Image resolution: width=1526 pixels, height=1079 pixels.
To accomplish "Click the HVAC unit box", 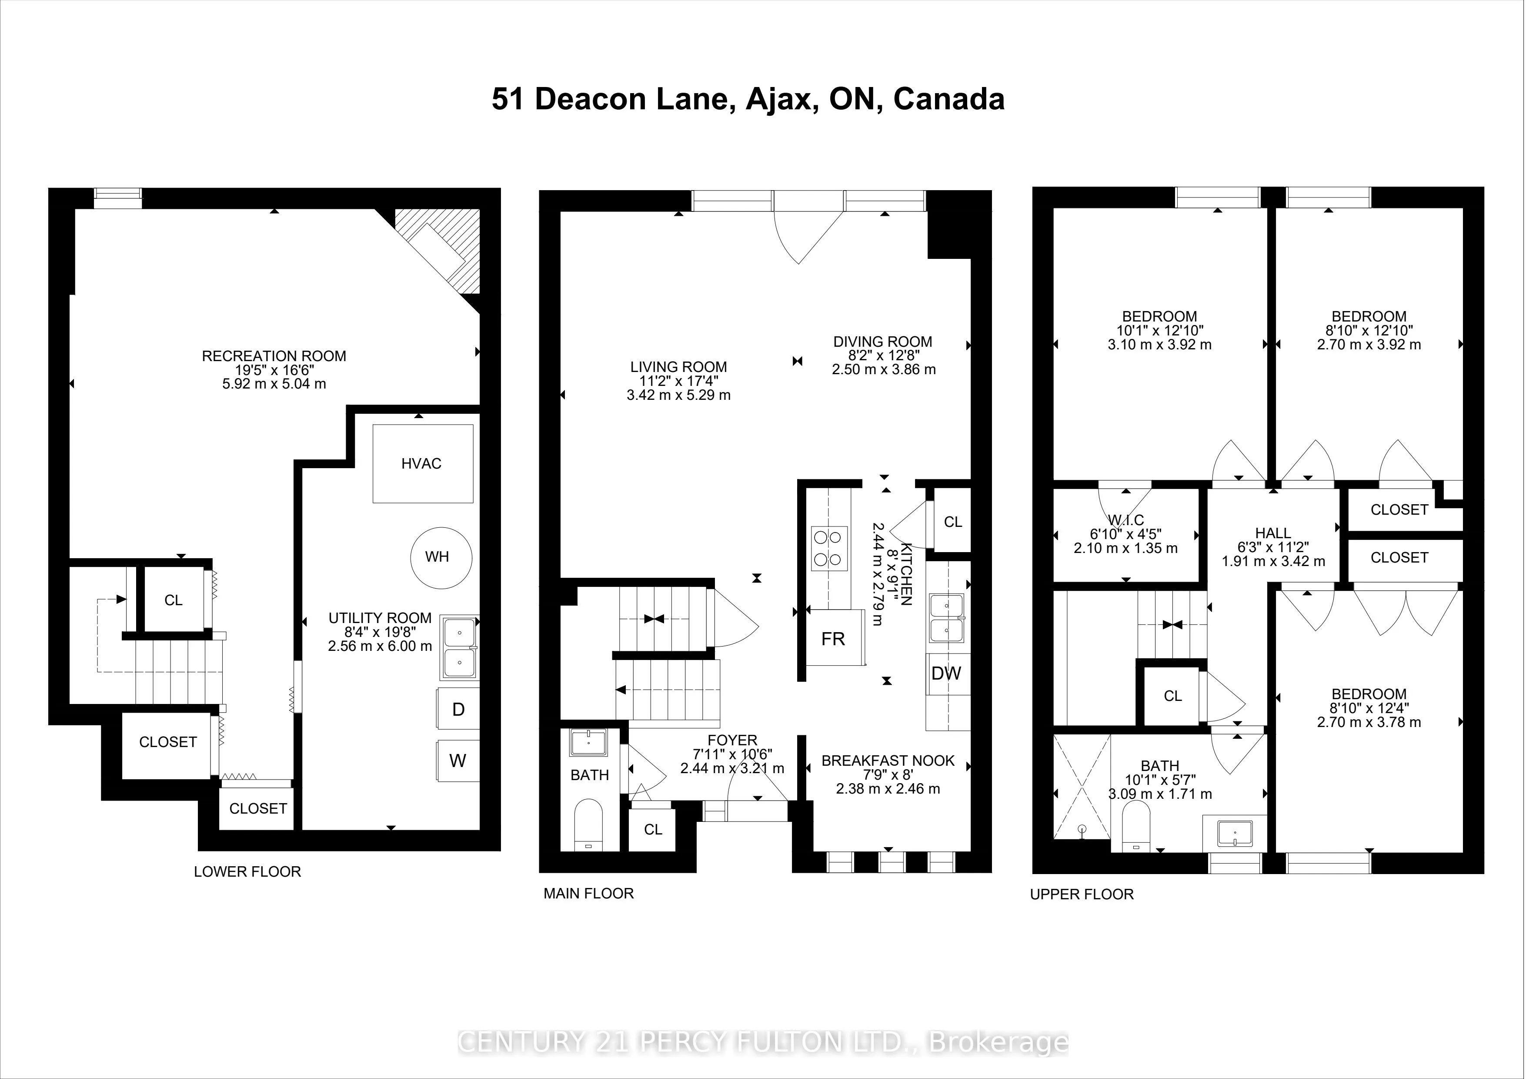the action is (x=423, y=463).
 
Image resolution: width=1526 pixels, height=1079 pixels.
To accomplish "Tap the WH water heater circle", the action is (x=440, y=557).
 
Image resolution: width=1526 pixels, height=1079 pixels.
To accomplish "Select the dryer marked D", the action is (x=458, y=709).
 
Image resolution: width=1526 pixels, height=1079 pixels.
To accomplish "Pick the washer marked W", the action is (x=458, y=761).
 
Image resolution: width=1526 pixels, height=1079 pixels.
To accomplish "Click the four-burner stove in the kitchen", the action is (x=829, y=548).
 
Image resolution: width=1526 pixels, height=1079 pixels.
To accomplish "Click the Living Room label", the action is (x=678, y=366).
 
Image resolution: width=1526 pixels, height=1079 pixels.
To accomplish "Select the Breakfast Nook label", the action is (x=888, y=761).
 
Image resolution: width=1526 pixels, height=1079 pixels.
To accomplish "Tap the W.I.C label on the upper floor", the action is (x=1126, y=520).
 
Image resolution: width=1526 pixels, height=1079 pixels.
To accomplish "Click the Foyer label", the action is (x=732, y=740).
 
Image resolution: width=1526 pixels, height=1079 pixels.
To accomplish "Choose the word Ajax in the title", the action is (x=781, y=100).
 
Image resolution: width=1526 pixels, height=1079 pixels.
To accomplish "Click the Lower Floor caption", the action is (x=247, y=871).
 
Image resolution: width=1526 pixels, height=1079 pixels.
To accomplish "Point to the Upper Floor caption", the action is (x=1082, y=894).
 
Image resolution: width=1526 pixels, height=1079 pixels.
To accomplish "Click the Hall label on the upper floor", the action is (x=1273, y=533).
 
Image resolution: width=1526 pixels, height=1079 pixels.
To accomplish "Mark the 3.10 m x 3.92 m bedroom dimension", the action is (x=1160, y=345).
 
